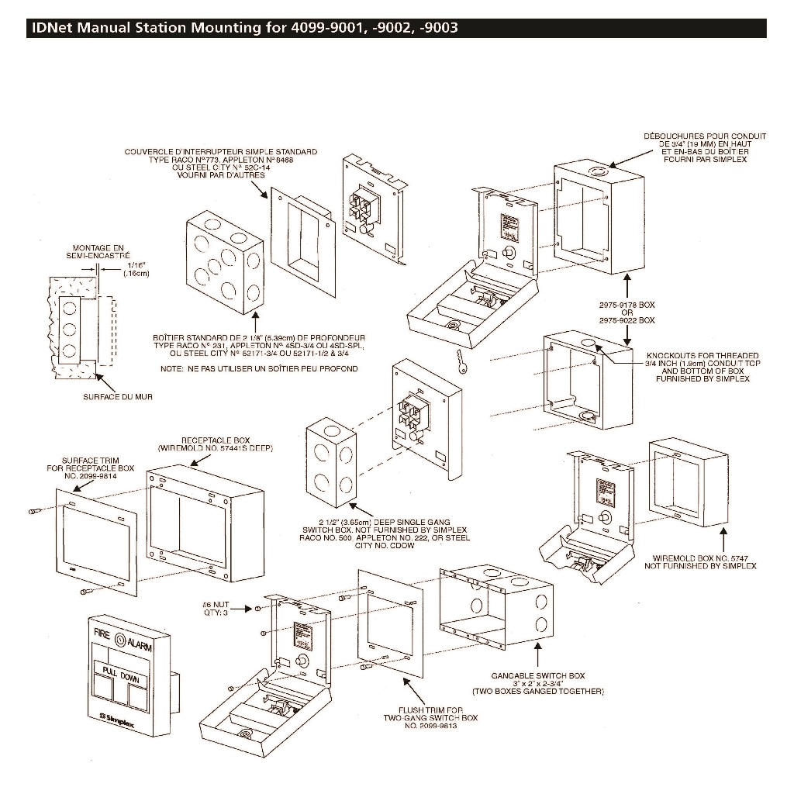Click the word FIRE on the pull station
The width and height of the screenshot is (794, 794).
(x=102, y=633)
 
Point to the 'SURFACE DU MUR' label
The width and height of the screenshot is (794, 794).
(x=117, y=396)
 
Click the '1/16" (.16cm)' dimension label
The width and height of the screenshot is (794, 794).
(x=136, y=269)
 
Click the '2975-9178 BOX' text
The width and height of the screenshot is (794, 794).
(x=627, y=306)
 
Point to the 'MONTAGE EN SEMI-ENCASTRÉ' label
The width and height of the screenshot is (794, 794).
(x=98, y=251)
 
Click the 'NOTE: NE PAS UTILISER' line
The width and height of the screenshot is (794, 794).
(x=259, y=368)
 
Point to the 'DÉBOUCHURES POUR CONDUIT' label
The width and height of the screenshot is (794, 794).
(x=705, y=136)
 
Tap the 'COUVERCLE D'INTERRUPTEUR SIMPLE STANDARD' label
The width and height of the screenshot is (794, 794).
(x=221, y=152)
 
